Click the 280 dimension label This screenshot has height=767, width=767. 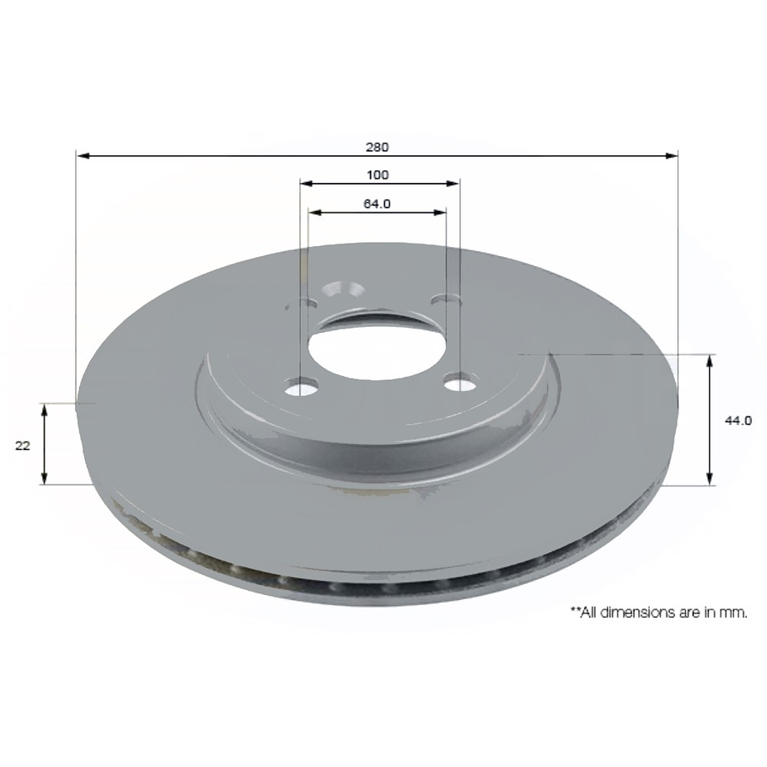coord(377,147)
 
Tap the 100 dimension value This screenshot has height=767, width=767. coord(378,175)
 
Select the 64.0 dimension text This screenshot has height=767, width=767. coord(377,204)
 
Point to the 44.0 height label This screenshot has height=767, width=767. coord(739,421)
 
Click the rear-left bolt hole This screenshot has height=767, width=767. coord(307,303)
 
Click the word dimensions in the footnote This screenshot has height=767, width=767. coord(636,614)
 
